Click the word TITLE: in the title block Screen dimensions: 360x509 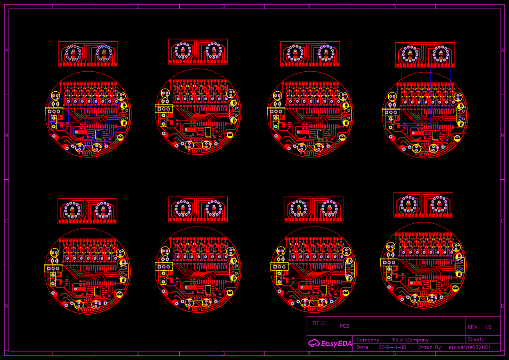[319, 324]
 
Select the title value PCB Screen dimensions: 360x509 [344, 326]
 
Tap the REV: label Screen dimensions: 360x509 [473, 327]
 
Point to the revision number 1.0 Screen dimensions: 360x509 [488, 327]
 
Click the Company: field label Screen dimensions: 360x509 [368, 340]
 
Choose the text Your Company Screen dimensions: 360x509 [410, 340]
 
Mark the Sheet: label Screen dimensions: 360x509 [475, 339]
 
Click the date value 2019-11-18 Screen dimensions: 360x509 [393, 347]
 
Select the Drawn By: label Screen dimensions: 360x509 [430, 347]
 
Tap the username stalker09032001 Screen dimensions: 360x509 [470, 347]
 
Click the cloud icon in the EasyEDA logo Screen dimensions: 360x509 [314, 343]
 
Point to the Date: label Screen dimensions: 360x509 [363, 347]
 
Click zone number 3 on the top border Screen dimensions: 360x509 [224, 7]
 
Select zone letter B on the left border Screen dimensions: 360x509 [7, 136]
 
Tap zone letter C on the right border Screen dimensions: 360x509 [502, 221]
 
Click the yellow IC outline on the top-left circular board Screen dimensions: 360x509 [98, 134]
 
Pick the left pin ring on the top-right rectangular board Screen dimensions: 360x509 [410, 55]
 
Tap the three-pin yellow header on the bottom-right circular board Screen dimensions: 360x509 [389, 262]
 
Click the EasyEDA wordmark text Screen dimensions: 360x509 [336, 344]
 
